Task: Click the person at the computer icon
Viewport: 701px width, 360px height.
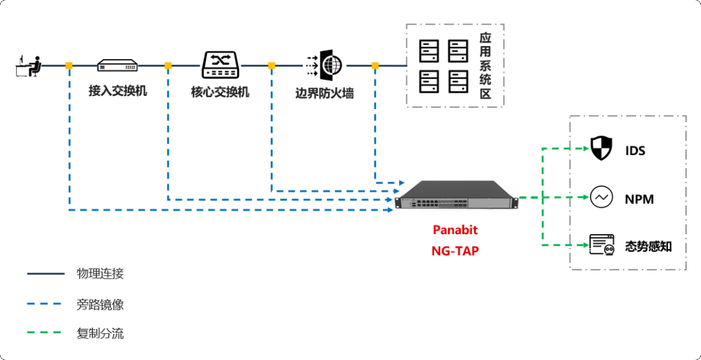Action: [x=29, y=66]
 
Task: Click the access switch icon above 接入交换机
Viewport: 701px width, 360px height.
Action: [x=117, y=66]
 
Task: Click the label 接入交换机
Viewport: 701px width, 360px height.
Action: [x=117, y=91]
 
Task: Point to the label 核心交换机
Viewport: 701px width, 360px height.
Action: [x=220, y=91]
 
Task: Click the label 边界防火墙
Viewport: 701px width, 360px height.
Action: [x=325, y=93]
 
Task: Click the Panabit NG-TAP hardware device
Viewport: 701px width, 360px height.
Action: [x=457, y=195]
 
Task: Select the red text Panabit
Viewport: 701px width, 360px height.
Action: [x=455, y=230]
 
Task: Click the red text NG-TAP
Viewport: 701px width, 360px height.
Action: [x=455, y=250]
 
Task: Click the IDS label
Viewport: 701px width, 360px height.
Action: [x=635, y=151]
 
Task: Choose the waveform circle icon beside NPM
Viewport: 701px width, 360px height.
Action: [x=602, y=197]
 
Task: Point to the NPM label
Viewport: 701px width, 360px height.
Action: [x=639, y=199]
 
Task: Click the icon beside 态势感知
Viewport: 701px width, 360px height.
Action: [x=602, y=245]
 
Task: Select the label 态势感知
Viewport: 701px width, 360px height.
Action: [x=648, y=246]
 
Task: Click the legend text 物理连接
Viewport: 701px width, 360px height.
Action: [x=100, y=274]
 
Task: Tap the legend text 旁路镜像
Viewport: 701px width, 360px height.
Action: [x=100, y=304]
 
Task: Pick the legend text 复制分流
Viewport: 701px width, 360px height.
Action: [x=100, y=334]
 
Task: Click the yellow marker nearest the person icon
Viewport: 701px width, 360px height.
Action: [x=69, y=66]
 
